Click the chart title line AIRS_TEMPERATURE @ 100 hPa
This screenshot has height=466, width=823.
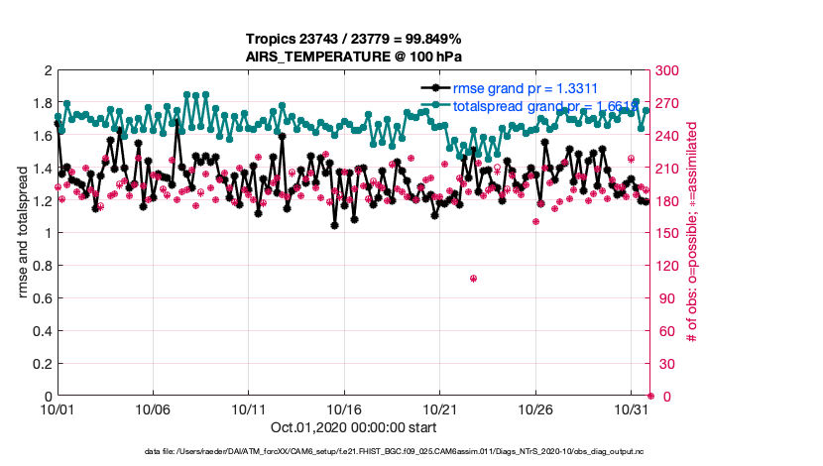coord(354,57)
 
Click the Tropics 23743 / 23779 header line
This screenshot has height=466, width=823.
coord(354,40)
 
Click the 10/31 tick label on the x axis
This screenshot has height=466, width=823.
coord(632,408)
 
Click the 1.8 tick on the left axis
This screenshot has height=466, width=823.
coord(42,104)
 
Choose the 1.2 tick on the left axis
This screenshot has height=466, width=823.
coord(42,201)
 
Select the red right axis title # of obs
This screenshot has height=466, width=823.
coord(692,233)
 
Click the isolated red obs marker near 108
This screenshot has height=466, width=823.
coord(473,279)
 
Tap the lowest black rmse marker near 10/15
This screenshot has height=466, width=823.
coord(335,225)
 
